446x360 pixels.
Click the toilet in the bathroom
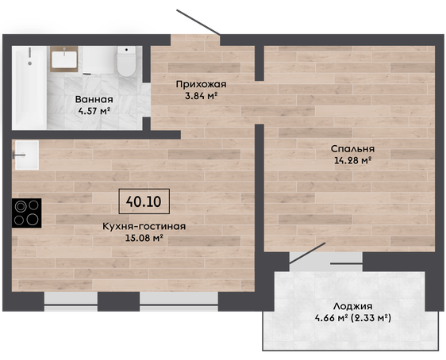[126, 61]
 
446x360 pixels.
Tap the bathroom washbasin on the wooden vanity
[64, 59]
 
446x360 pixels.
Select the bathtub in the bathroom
[29, 87]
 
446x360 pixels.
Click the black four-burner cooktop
[27, 213]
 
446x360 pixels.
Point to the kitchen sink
[27, 155]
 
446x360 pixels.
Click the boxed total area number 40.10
[144, 201]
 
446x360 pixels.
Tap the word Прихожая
[201, 84]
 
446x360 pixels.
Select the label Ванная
[94, 99]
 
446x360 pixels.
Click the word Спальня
[352, 149]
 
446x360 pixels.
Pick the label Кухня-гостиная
[144, 227]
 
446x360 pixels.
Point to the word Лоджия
[352, 306]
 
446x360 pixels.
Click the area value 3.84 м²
[201, 96]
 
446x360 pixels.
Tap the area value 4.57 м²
[94, 111]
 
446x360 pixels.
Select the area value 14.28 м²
[352, 160]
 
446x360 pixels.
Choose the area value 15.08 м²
[144, 238]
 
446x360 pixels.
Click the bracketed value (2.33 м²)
[371, 318]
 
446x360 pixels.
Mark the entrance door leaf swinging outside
[198, 22]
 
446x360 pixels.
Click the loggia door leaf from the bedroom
[307, 253]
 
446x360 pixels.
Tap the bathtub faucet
[29, 56]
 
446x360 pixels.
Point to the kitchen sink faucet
[19, 155]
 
